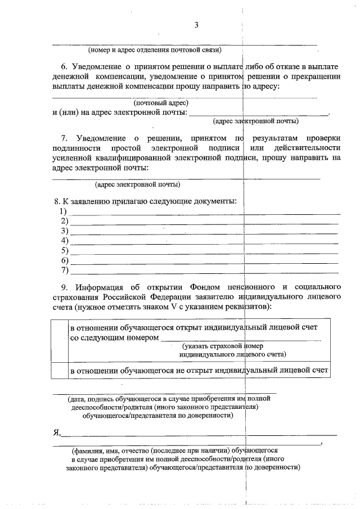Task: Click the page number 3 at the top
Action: click(x=196, y=24)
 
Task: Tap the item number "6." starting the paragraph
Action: click(x=64, y=66)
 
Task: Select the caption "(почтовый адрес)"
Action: click(x=160, y=103)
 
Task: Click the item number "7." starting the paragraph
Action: click(x=64, y=138)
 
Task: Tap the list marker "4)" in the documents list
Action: click(x=64, y=241)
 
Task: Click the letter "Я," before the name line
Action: click(x=56, y=432)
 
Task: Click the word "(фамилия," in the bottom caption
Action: click(x=86, y=451)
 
